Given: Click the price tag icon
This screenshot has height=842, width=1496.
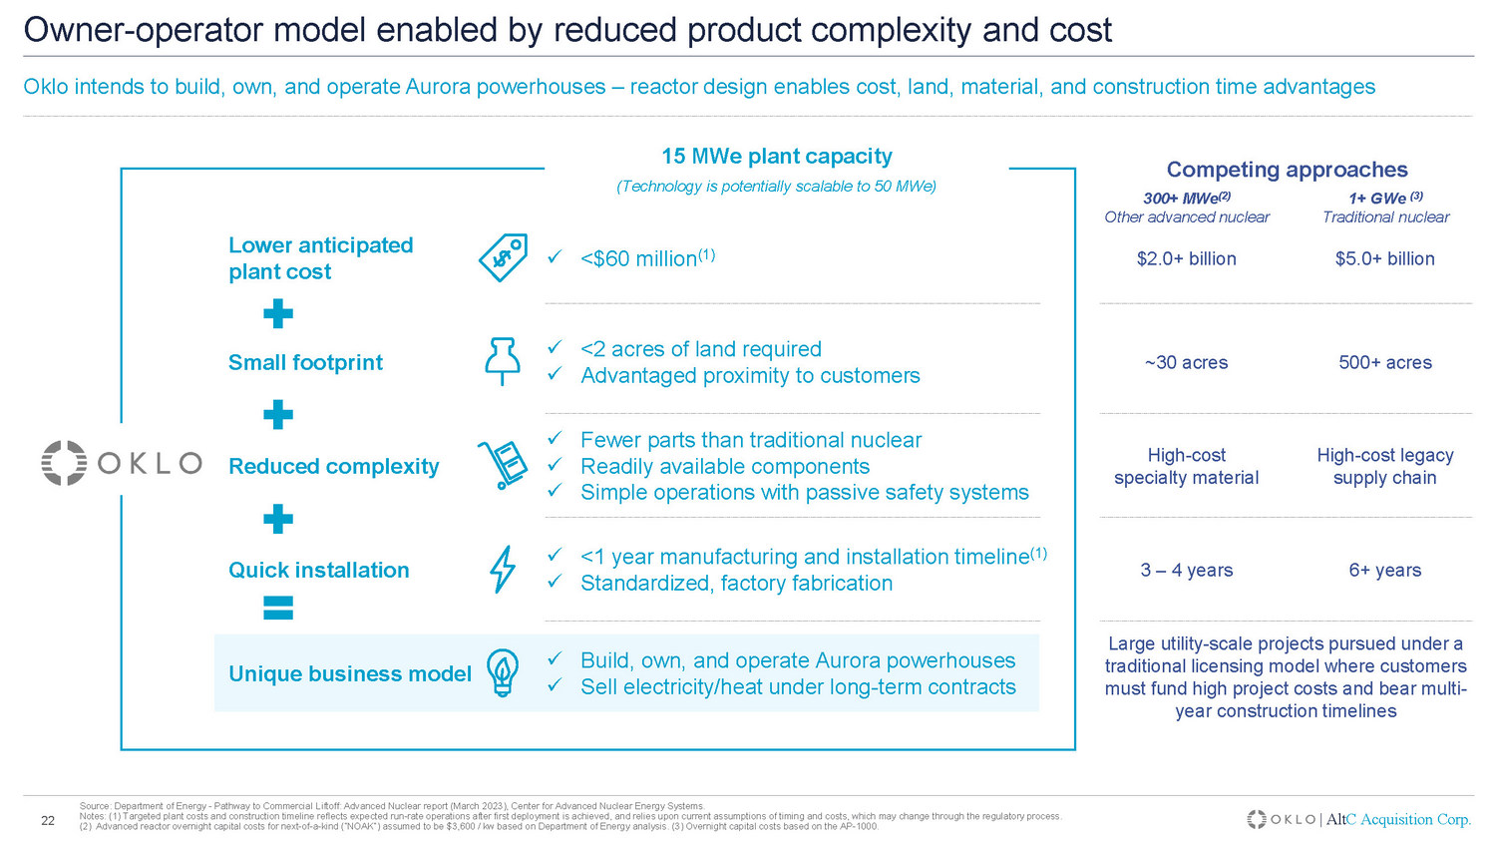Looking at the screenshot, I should point(503,258).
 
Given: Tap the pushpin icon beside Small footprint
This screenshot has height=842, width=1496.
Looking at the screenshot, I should point(502,360).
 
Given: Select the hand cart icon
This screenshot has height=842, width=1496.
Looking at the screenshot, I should point(503,465).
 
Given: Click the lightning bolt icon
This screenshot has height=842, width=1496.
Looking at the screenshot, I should point(503,570).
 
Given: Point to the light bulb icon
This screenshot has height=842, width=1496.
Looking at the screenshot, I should point(503,672).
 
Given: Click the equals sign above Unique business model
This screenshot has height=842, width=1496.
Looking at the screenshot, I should point(278,608).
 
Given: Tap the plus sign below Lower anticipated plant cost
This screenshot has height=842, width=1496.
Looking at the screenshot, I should point(278,315).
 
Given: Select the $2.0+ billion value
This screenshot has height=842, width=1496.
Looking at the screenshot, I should point(1186,259).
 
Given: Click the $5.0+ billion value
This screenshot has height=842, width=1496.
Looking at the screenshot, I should point(1384,259).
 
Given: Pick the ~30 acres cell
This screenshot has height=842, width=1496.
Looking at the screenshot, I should point(1186,363).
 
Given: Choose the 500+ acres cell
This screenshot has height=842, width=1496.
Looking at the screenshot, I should point(1384,363).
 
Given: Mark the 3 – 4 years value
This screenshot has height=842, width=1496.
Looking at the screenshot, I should point(1186,571).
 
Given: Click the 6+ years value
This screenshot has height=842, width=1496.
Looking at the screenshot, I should point(1384,571).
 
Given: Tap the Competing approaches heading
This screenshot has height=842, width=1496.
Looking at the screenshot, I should point(1287,170).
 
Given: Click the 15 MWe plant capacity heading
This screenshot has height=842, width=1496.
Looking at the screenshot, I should point(776,157).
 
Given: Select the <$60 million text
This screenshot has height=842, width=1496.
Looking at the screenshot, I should point(638,259).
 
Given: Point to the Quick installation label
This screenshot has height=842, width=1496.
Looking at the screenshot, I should point(319,571).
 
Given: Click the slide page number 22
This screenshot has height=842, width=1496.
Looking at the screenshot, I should point(47,821).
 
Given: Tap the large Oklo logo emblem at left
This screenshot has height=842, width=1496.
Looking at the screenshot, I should point(65,463).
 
